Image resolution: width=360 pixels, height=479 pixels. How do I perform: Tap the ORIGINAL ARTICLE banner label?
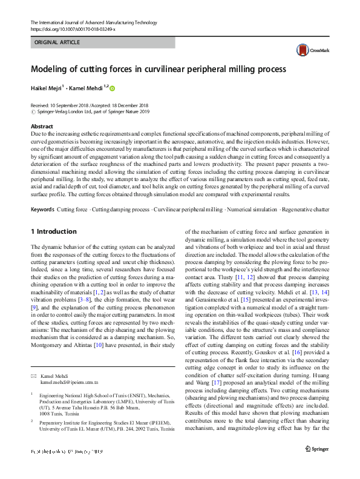coord(58,42)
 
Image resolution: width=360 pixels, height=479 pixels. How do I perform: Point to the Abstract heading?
coord(42,126)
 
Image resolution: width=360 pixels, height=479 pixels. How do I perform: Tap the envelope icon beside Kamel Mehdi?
coord(33,376)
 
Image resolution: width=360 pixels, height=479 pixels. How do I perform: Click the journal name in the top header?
coord(88,22)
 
